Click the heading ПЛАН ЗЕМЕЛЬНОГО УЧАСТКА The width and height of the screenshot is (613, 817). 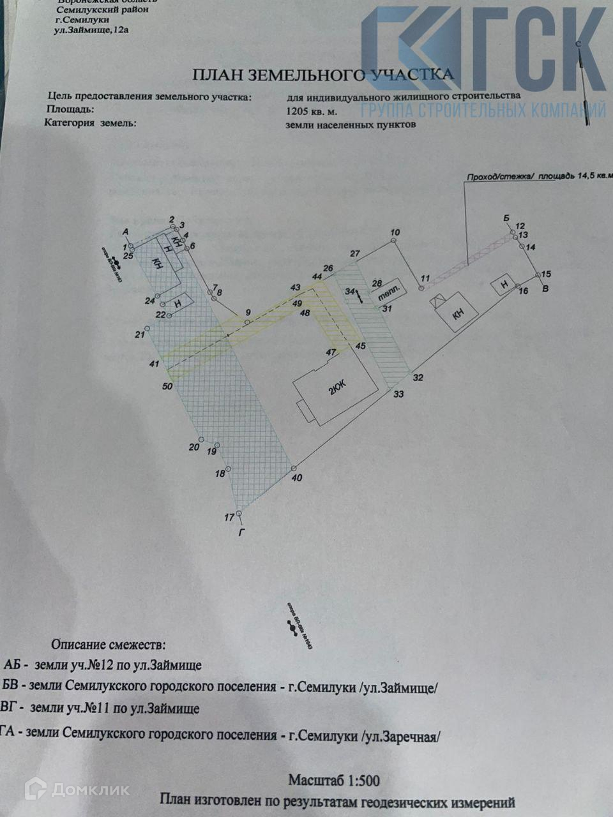coord(323,75)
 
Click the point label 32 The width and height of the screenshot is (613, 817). coord(418,377)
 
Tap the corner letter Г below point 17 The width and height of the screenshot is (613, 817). coord(241,530)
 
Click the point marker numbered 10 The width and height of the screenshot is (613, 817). coord(395,241)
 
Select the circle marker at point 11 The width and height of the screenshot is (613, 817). coord(421,289)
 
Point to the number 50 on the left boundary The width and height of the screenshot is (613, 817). coord(167,386)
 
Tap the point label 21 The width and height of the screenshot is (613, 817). coord(140,334)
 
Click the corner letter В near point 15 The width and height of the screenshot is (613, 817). coord(544,289)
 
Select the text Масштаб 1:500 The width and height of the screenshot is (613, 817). coord(333,779)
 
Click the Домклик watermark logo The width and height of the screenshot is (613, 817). coord(77,789)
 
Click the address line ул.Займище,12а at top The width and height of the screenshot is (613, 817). coord(92,30)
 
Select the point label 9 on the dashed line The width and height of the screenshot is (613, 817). coord(248,313)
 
